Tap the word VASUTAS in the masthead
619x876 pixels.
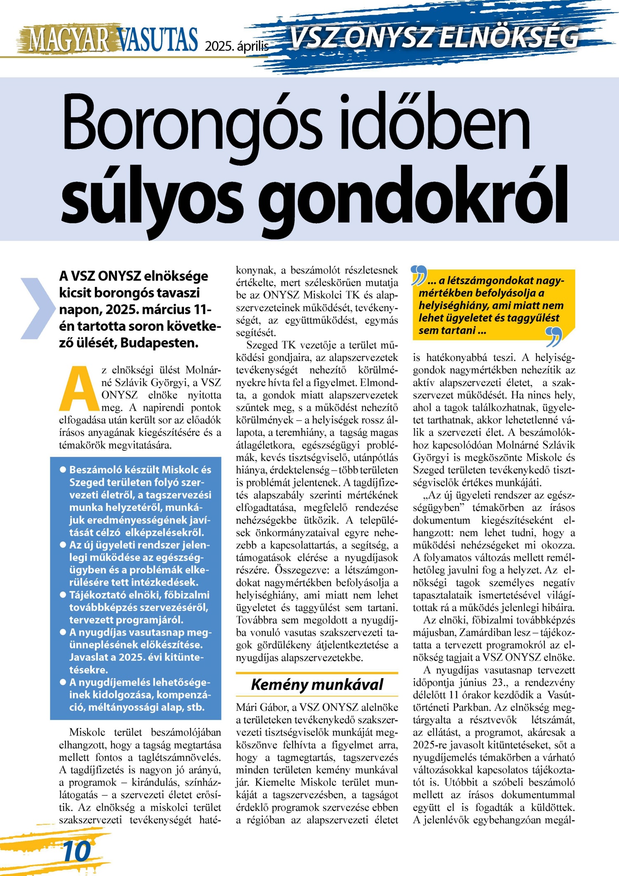(x=158, y=40)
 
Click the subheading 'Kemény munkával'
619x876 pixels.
(x=317, y=685)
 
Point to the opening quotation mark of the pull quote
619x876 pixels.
(x=418, y=275)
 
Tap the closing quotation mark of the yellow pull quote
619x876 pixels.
(x=554, y=336)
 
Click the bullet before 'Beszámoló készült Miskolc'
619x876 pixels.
(x=63, y=469)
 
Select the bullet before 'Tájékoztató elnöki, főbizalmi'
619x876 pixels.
(x=63, y=595)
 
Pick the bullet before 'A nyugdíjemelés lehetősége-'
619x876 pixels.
(x=63, y=682)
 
